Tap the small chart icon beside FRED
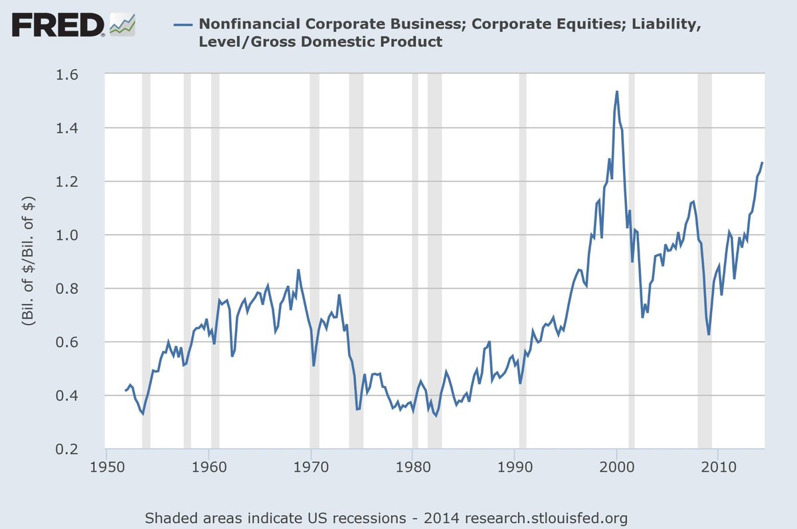122,25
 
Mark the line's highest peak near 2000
617,92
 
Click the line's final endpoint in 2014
762,163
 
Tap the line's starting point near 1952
126,391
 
